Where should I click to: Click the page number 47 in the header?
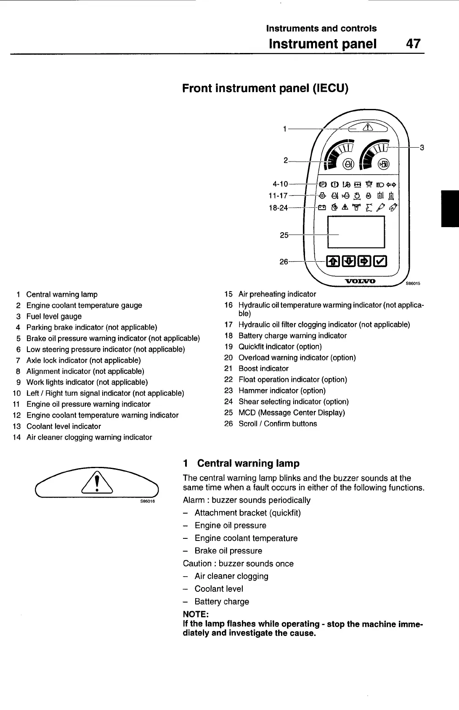click(413, 44)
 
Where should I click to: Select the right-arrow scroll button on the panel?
click(364, 262)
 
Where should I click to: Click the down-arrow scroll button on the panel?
click(349, 262)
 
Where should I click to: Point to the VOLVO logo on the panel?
click(360, 281)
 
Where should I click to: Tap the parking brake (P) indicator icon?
click(323, 184)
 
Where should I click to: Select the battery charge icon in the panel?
click(322, 207)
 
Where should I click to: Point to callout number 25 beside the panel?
click(284, 235)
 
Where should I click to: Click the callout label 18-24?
click(278, 207)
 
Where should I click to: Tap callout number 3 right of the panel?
click(422, 147)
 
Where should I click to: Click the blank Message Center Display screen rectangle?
click(356, 232)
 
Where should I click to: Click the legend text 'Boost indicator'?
click(263, 368)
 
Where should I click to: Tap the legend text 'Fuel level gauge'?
click(54, 316)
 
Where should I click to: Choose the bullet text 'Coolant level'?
click(219, 589)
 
